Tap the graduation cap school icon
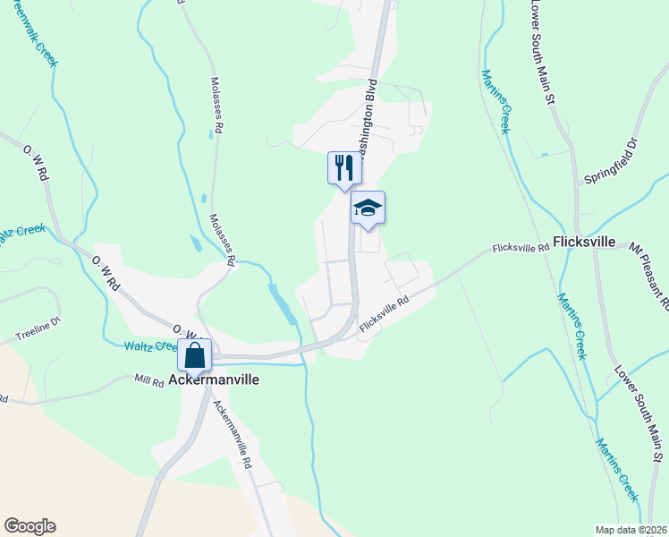click(x=368, y=209)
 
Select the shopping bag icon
click(x=194, y=356)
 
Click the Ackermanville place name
click(x=214, y=379)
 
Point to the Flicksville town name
click(x=584, y=242)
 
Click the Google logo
click(x=30, y=526)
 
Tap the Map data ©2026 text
click(x=631, y=530)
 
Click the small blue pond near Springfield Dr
click(x=545, y=155)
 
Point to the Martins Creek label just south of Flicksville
click(x=572, y=326)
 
